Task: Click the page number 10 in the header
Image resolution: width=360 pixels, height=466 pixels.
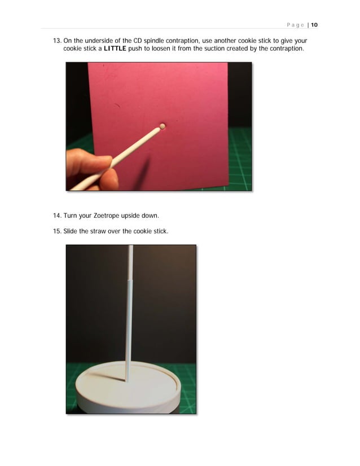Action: [314, 25]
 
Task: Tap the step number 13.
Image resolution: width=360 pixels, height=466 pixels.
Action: [56, 41]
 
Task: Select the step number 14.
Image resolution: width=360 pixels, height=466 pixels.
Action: [56, 216]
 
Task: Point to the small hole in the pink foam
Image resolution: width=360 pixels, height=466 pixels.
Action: [163, 126]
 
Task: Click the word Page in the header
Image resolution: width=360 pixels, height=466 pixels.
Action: [295, 25]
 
